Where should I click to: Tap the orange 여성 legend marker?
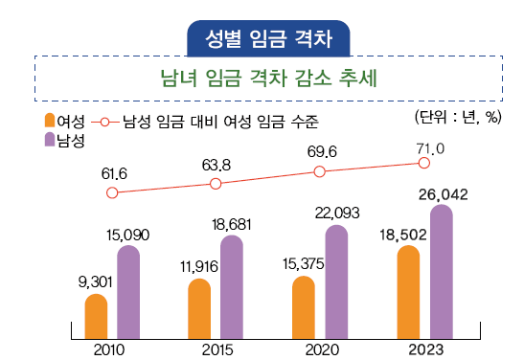coord(50,122)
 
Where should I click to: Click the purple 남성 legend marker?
coord(50,141)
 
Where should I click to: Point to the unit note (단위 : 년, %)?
coord(458,118)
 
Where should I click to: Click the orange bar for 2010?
coord(96,316)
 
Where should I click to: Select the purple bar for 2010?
coord(128,292)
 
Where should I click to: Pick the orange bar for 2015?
coord(199,308)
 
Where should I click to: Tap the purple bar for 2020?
coord(336,282)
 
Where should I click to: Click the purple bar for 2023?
coord(440,272)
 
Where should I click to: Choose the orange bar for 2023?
coord(408,292)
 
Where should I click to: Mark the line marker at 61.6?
coord(112,192)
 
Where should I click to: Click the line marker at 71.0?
coord(424,163)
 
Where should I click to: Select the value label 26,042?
coord(442,194)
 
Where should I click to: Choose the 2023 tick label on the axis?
coord(424,349)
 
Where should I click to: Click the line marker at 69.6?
coord(320,171)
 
